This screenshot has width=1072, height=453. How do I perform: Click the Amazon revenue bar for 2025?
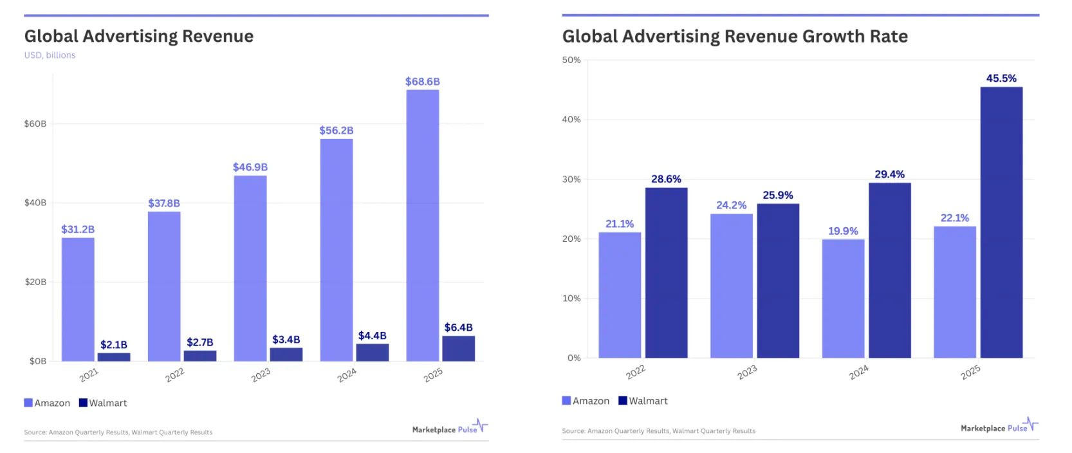tap(422, 225)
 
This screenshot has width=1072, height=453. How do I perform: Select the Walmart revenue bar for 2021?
tap(114, 356)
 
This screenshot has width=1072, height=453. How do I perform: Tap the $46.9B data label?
tap(250, 167)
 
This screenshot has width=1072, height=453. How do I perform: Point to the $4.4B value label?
tap(372, 336)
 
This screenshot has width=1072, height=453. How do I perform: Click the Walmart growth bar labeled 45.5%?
tap(1001, 222)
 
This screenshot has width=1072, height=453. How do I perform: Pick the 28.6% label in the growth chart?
tap(666, 179)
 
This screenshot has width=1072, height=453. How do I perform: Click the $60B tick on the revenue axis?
tap(35, 124)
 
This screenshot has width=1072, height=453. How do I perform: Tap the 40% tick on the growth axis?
tap(571, 120)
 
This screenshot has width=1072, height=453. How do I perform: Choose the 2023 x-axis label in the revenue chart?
tap(261, 375)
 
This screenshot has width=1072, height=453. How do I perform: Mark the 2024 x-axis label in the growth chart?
tap(858, 373)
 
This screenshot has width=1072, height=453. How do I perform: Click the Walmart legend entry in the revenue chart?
tap(103, 403)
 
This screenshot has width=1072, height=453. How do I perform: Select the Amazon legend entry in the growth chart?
tap(586, 401)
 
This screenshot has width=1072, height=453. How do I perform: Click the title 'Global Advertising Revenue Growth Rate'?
tap(735, 37)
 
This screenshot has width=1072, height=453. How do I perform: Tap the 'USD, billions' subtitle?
tap(50, 55)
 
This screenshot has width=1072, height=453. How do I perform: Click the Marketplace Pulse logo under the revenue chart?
tap(450, 428)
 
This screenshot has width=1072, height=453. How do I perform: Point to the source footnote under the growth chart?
tap(658, 431)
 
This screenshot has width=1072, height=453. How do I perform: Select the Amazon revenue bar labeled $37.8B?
tap(164, 286)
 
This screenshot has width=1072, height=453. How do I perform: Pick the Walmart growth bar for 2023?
tap(778, 281)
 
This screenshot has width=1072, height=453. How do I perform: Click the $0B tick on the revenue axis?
tap(38, 361)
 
